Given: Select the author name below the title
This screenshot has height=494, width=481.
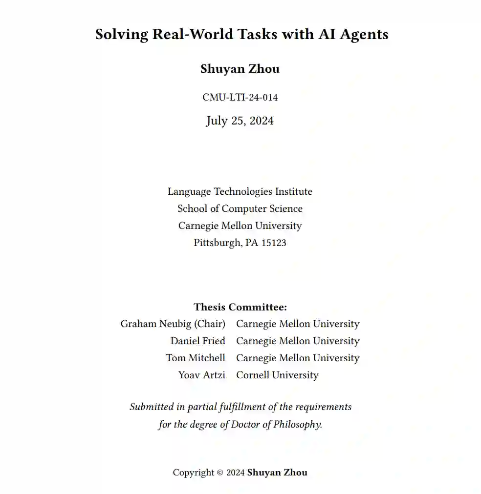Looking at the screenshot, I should (240, 69).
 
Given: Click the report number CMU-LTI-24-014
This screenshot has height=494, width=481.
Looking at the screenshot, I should (240, 97).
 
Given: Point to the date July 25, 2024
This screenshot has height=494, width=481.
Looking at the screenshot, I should (240, 121).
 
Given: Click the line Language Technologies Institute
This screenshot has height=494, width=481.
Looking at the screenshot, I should (240, 191).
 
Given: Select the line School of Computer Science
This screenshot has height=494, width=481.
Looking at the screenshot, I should (240, 208).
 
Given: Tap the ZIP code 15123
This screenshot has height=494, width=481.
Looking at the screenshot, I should (274, 243).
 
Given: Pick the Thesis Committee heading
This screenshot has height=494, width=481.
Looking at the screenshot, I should (240, 307).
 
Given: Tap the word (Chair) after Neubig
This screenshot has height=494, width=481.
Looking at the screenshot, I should (209, 324).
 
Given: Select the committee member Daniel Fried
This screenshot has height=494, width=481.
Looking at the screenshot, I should (197, 341).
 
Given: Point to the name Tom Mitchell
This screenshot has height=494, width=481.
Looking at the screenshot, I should (196, 358).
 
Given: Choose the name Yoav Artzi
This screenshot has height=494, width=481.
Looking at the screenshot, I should (201, 375).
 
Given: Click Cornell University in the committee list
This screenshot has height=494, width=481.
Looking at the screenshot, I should (277, 375).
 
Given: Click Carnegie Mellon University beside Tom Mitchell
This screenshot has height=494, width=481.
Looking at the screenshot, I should (298, 358).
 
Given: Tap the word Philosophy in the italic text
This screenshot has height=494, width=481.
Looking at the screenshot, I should (297, 424).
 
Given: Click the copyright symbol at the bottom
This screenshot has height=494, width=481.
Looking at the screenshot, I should (220, 473).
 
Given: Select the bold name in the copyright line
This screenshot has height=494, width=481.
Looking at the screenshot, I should (277, 473).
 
